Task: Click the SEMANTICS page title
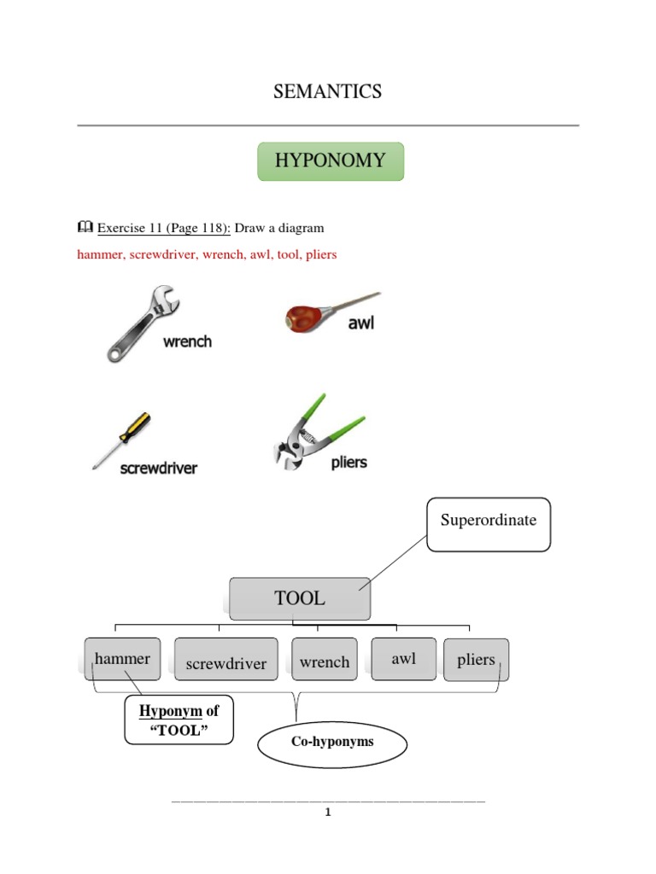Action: (328, 92)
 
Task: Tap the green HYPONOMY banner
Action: (330, 160)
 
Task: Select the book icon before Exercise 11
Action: (85, 228)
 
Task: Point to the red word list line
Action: (207, 255)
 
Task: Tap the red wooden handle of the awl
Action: (302, 319)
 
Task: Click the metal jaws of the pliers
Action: (290, 448)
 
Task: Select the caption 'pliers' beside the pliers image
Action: (348, 463)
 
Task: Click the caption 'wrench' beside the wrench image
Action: (187, 341)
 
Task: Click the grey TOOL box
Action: (300, 598)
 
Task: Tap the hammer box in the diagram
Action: (122, 659)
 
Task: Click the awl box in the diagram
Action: (403, 659)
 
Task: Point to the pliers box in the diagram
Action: (476, 660)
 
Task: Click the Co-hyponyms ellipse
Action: (332, 743)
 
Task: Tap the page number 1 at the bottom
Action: (327, 812)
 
